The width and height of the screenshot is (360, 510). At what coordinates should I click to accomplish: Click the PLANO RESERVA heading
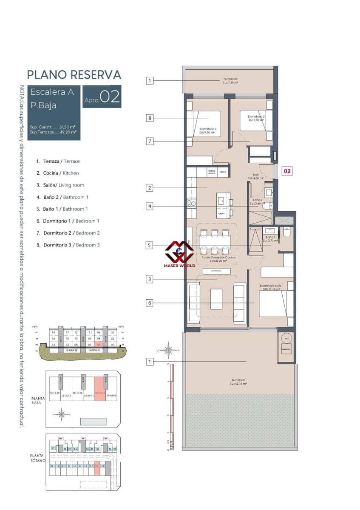pos(74,75)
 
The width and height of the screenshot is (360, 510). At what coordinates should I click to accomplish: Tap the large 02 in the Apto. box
pos(110,96)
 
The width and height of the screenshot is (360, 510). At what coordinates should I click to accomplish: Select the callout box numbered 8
pos(150,118)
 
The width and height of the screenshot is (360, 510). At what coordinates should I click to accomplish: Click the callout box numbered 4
pos(150,207)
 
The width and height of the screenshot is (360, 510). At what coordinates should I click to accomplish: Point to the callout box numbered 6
pos(150,303)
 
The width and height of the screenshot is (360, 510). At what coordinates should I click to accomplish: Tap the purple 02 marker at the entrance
pos(287,171)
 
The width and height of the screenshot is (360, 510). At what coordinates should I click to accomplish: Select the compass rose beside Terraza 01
pos(169,350)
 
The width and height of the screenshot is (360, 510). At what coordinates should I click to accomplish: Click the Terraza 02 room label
pos(230,81)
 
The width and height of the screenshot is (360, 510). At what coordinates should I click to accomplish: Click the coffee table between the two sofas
pos(216,299)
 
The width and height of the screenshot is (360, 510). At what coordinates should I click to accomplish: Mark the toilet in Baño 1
pos(286,233)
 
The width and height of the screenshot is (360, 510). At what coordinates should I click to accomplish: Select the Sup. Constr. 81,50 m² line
pos(53,127)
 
